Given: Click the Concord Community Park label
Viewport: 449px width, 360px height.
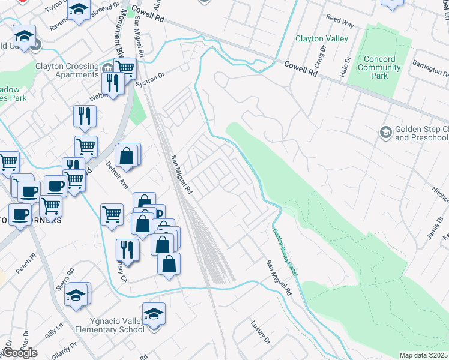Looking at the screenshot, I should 376,67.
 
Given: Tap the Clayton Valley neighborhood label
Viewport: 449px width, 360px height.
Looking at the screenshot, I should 321,39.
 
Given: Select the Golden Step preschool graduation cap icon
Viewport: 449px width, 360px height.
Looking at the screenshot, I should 385,131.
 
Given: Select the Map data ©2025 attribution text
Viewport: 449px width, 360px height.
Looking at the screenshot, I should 423,355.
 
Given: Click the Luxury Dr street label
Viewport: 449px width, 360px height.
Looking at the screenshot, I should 260,332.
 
